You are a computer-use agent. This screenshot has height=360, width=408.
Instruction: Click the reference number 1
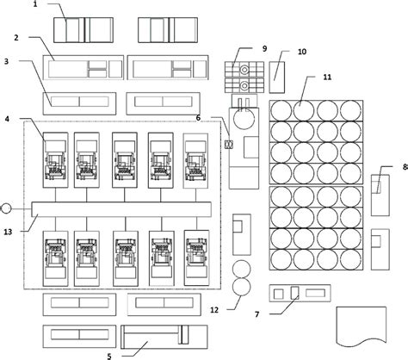[35, 4]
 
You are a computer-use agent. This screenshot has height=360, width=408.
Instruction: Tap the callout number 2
[16, 37]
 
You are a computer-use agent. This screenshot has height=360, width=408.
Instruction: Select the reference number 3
[6, 61]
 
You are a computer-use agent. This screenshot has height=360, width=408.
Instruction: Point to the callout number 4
[7, 119]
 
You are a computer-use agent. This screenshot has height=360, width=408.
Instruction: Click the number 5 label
[109, 357]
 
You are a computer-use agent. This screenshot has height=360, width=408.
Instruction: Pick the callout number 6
[198, 118]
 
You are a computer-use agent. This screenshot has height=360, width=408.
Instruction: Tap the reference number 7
[257, 314]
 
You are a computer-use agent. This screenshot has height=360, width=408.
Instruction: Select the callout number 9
[264, 48]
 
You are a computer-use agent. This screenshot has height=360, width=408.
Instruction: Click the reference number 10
[302, 52]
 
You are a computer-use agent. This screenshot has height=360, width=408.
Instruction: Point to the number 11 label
[327, 77]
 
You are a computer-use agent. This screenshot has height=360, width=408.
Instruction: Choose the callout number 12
[214, 310]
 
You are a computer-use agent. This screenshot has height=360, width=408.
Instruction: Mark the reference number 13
[8, 232]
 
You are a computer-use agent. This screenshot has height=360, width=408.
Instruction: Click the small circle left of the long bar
[6, 208]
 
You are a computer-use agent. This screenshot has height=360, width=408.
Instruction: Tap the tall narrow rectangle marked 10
[277, 78]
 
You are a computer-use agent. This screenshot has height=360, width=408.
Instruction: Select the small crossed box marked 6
[229, 145]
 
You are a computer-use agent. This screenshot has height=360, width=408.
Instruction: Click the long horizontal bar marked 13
[121, 209]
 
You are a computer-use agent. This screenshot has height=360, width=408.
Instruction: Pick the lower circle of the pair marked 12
[241, 287]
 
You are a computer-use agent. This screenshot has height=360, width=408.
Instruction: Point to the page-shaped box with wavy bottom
[362, 326]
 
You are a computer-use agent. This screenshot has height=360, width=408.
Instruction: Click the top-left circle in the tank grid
[281, 111]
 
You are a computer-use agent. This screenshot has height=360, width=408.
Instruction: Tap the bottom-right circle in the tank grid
[350, 259]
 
